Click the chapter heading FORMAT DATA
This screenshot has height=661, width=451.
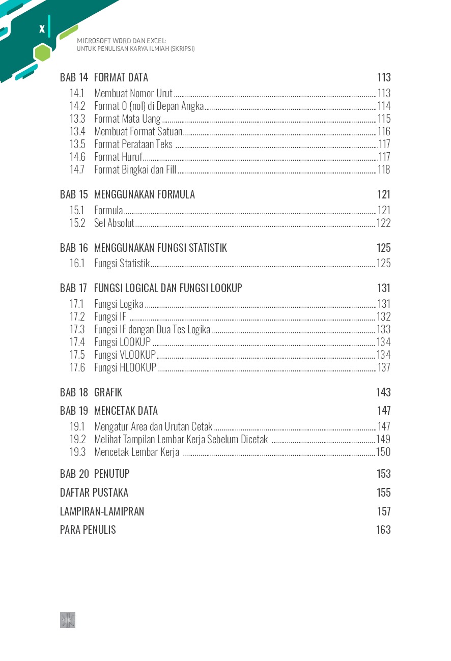point(121,77)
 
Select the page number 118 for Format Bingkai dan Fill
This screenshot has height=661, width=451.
point(384,170)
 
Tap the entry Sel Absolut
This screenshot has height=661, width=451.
point(114,223)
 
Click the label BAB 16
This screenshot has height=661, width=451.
point(74,248)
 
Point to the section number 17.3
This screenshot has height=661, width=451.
point(77,329)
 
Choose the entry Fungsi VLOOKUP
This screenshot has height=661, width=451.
point(125,355)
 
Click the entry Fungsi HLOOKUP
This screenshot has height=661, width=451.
point(125,367)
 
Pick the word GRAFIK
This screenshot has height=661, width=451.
point(108,392)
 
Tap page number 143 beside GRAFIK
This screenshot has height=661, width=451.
point(383,392)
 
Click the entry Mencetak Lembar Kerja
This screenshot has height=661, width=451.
point(136,452)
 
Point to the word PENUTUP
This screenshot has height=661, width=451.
point(112,474)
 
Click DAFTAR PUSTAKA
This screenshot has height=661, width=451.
point(94,493)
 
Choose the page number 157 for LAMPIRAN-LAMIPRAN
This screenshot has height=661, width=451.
point(383,511)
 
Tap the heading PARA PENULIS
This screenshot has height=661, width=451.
point(88,530)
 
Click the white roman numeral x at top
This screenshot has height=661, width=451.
point(42,29)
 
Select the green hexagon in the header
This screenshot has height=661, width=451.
point(42,52)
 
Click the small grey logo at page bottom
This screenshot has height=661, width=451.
point(68,620)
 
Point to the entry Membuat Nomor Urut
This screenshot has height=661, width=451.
point(133,93)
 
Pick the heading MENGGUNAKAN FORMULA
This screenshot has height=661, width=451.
point(145,194)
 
